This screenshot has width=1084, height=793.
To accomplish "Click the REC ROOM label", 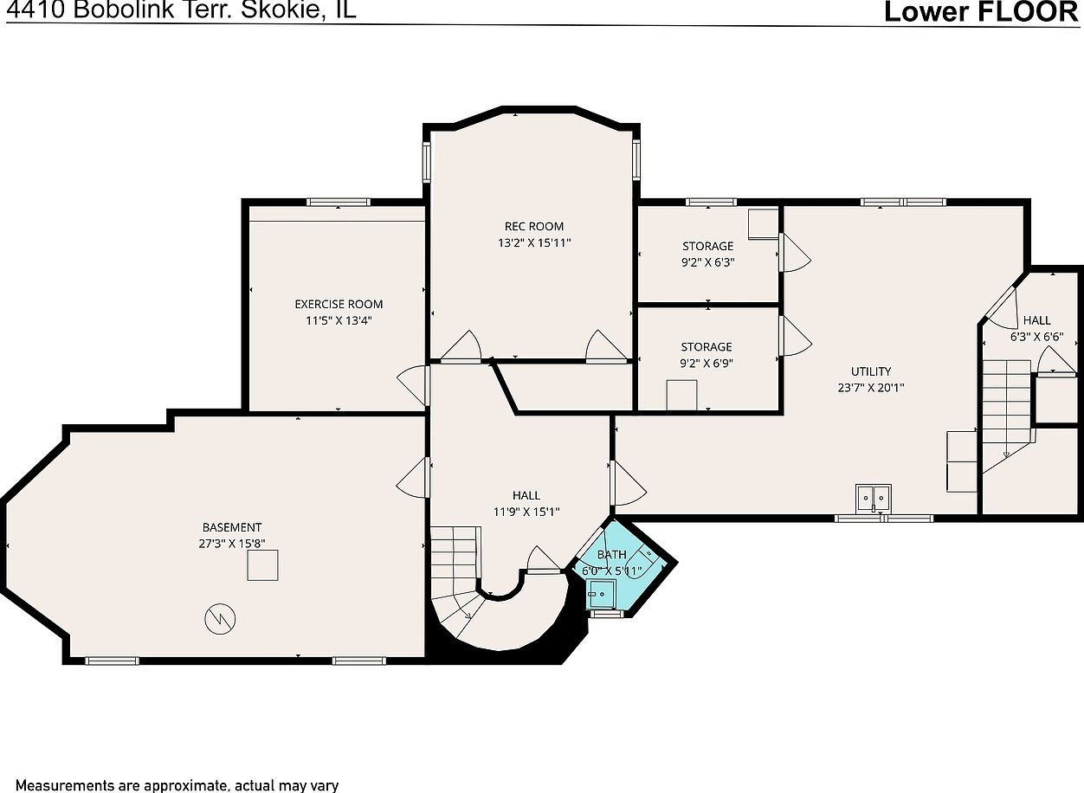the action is click(x=533, y=227).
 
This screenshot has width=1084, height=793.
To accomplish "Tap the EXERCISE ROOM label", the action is click(x=339, y=305).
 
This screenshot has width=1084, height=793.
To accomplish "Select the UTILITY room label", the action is click(x=871, y=371).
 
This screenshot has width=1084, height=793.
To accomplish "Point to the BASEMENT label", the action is click(x=232, y=527).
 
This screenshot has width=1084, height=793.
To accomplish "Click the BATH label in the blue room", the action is click(x=611, y=554).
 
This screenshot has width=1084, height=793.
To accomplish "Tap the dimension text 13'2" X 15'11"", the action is click(x=534, y=243).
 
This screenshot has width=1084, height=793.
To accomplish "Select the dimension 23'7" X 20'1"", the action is click(x=871, y=388).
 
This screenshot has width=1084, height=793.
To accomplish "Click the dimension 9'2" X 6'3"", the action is click(x=708, y=262).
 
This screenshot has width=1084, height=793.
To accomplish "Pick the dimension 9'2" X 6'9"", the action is click(x=707, y=364).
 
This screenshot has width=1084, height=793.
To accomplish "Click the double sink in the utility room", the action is click(x=873, y=498).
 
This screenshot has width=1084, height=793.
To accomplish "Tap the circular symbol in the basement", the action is click(x=220, y=619).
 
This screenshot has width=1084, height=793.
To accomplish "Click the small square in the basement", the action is click(x=262, y=565).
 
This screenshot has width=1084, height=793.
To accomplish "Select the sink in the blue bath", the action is click(x=601, y=595).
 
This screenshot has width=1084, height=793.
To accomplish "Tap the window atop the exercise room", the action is click(x=339, y=203).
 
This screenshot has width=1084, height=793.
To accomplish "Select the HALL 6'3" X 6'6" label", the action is click(x=1036, y=328).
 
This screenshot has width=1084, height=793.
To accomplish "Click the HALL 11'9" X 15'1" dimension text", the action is click(x=526, y=512).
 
